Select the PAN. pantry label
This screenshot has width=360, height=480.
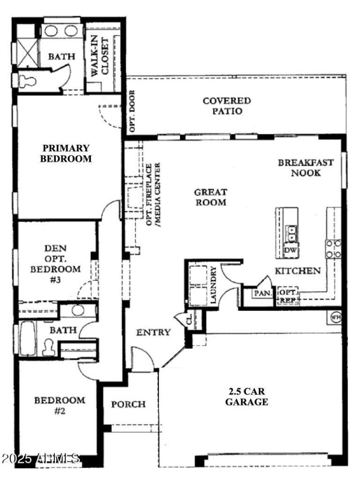[x=261, y=293]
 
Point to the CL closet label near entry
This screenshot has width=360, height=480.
[x=189, y=320]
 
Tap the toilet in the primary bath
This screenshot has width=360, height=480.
[x=26, y=80]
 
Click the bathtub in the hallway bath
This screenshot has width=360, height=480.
[x=27, y=338]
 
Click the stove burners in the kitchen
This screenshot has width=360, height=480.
[x=333, y=249]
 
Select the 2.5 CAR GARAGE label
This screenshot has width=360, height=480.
[x=247, y=397]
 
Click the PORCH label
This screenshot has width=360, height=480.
[x=129, y=404]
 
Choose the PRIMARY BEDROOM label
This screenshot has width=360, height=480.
[x=66, y=153]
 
